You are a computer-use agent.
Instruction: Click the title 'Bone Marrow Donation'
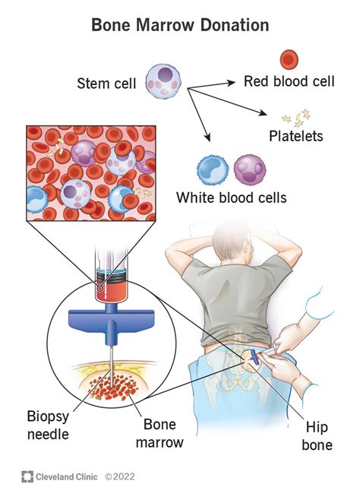coord(180,25)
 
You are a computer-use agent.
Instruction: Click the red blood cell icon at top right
coord(289,59)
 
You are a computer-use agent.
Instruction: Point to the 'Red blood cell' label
coord(288,81)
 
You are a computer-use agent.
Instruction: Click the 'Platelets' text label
coord(295,137)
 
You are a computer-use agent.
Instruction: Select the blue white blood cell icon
coord(212,170)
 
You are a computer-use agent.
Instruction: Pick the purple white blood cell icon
coord(248,169)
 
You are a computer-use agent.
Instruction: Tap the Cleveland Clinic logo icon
coord(27,477)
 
